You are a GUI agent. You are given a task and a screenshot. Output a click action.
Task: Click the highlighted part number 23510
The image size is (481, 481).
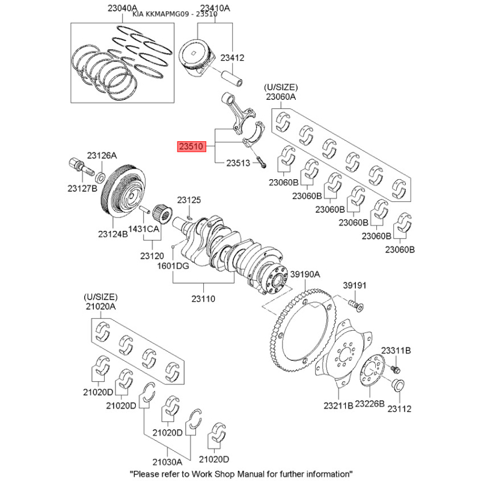click(191, 146)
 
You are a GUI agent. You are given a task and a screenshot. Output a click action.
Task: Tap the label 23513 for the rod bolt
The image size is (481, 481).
click(238, 163)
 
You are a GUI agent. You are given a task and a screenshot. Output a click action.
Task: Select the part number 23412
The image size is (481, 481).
click(232, 58)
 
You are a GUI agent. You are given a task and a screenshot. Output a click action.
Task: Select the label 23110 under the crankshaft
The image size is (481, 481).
click(203, 298)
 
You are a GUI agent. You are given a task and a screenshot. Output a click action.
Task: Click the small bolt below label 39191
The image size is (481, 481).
click(356, 305)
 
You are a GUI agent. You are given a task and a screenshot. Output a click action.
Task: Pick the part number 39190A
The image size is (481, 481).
click(305, 274)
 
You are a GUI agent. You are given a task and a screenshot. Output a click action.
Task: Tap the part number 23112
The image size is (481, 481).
click(399, 409)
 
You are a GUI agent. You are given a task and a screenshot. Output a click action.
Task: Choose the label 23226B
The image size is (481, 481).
click(370, 403)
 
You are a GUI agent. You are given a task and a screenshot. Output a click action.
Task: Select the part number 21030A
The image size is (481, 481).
click(167, 462)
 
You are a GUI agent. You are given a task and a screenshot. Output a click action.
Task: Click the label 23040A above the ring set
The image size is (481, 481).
click(123, 8)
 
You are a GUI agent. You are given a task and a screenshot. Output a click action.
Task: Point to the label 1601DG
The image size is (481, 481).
click(173, 266)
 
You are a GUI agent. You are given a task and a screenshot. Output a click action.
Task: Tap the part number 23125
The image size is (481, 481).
click(189, 200)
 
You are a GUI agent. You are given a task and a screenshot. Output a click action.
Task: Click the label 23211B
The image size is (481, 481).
click(339, 405)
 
